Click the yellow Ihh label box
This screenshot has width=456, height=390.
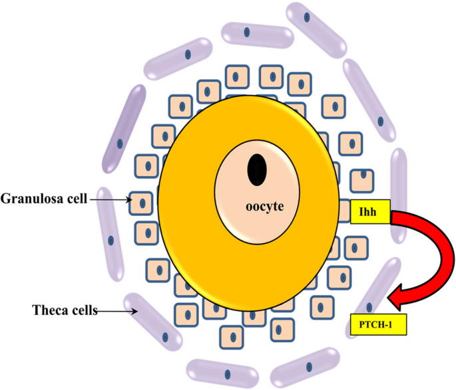coord(369,211)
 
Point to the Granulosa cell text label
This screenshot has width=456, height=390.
coord(44,199)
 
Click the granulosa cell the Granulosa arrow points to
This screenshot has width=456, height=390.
coord(141,201)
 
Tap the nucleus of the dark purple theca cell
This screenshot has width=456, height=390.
coord(121,143)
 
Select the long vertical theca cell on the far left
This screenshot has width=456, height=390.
coord(111,239)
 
